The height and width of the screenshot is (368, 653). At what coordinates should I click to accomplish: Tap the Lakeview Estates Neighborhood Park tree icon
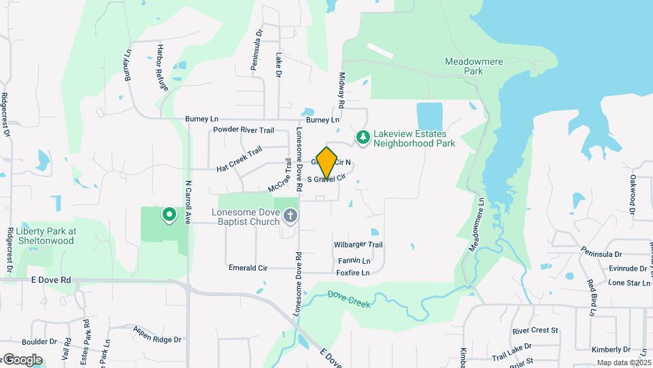(364, 138)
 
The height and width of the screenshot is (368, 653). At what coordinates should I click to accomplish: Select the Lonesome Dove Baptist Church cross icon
(290, 217)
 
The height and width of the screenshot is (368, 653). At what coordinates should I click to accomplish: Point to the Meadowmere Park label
(473, 65)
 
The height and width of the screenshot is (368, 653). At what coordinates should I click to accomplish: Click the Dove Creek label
(349, 298)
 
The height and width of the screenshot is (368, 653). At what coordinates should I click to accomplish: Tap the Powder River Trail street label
(244, 129)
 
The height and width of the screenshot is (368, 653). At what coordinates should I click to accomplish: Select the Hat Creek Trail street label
(239, 159)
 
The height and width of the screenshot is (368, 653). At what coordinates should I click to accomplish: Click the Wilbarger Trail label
(358, 245)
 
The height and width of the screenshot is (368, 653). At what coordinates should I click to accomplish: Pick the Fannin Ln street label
(354, 261)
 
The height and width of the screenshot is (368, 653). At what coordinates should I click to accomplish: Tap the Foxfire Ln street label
(352, 273)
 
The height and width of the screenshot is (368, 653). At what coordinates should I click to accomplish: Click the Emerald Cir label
(248, 268)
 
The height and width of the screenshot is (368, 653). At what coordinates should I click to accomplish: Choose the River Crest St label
(535, 331)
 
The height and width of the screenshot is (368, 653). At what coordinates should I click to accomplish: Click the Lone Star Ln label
(629, 283)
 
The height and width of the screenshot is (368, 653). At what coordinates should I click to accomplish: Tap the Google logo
(22, 360)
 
